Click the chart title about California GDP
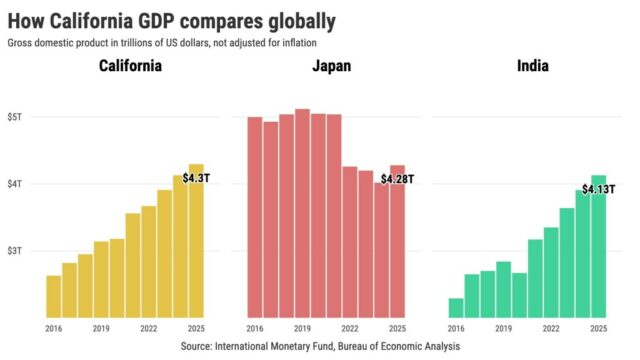[171, 20]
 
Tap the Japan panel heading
[328, 68]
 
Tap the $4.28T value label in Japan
[396, 179]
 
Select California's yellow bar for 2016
[53, 296]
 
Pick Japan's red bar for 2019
[302, 214]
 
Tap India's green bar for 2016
[456, 308]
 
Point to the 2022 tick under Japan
[350, 328]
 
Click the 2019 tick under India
[504, 328]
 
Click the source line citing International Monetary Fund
[320, 346]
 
